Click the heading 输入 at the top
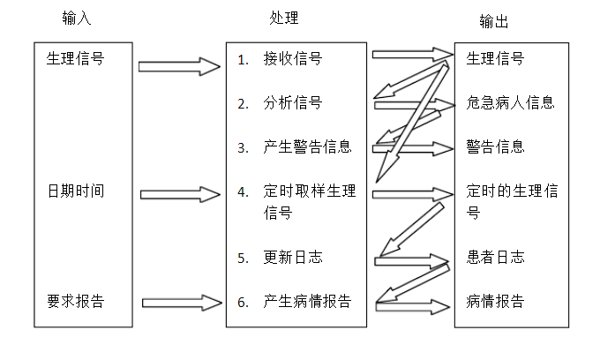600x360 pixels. (x=77, y=19)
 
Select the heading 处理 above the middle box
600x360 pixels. (x=284, y=19)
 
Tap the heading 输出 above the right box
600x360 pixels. (x=493, y=21)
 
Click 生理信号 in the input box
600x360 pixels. (x=75, y=59)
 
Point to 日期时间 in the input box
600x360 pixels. (x=75, y=191)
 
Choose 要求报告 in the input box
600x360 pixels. (x=75, y=301)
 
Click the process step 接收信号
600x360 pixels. (x=292, y=59)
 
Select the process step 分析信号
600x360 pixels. (x=292, y=103)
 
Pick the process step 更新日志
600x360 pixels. (x=292, y=258)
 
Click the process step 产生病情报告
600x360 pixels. (x=307, y=302)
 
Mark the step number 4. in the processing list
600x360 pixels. (x=244, y=191)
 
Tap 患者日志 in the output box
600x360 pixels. (x=495, y=258)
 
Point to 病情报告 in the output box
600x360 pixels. (x=495, y=302)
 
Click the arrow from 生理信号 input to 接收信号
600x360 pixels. (x=179, y=66)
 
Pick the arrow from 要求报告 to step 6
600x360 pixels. (x=179, y=304)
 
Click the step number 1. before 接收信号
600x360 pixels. (x=244, y=60)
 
